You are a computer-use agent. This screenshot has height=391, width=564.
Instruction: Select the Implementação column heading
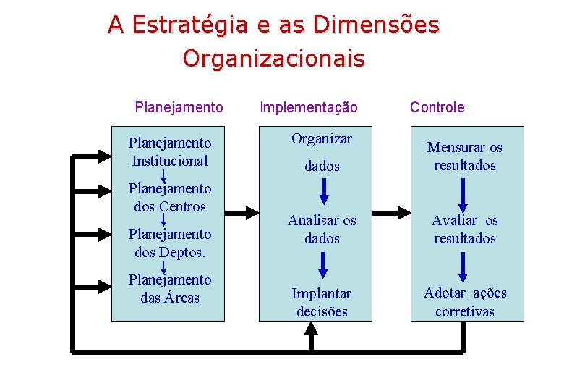[308, 107]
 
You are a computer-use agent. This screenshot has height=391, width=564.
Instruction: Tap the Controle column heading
[437, 107]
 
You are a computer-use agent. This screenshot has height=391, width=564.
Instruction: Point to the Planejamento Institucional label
[170, 152]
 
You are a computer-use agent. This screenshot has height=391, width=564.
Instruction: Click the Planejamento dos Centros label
[170, 197]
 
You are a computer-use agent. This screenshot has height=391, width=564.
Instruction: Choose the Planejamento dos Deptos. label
[170, 243]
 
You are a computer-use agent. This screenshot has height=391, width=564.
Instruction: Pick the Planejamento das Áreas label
[170, 288]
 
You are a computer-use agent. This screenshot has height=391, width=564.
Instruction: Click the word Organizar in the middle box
[322, 138]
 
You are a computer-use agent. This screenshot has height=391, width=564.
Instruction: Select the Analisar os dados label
[322, 229]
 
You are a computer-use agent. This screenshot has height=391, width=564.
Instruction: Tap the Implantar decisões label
[322, 303]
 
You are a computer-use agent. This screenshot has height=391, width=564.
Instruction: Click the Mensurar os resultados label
[464, 156]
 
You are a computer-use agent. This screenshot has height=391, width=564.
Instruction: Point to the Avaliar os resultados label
[464, 229]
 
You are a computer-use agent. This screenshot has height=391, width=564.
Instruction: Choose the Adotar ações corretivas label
[464, 302]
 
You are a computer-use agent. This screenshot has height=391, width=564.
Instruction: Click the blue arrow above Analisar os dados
[323, 190]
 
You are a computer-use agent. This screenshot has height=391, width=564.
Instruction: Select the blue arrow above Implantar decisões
[323, 264]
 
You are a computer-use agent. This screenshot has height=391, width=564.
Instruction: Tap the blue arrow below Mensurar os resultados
[463, 193]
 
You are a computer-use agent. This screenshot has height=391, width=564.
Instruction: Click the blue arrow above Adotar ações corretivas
[463, 266]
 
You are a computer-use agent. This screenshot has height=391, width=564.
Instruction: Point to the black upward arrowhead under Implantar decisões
[311, 330]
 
